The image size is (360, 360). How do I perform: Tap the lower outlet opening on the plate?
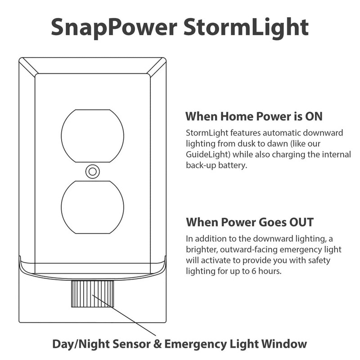(x=92, y=207)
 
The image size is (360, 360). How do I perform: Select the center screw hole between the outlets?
(x=92, y=171)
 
